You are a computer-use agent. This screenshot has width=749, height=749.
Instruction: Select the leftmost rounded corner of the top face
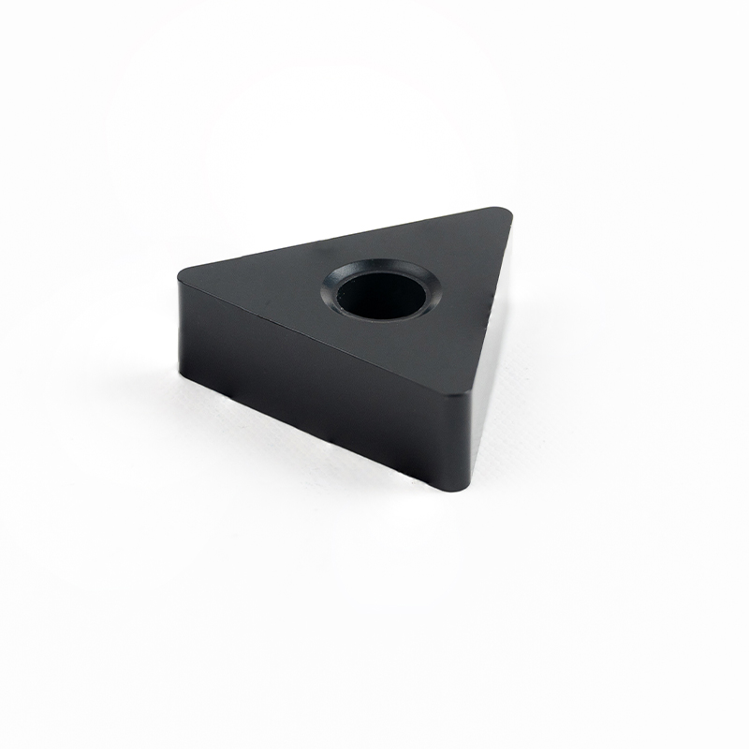(184, 274)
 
